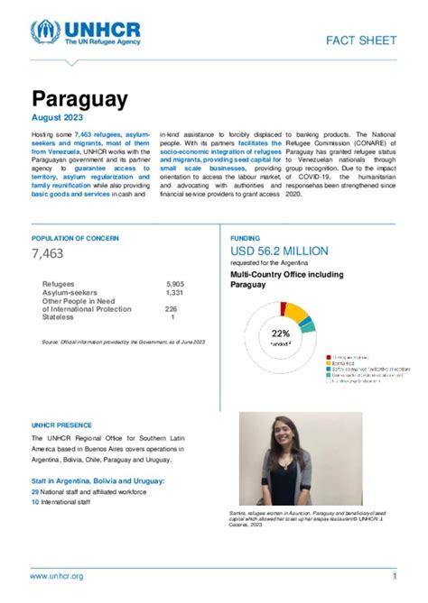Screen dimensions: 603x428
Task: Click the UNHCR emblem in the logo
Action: click(x=45, y=33)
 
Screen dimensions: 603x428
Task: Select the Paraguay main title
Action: click(x=79, y=98)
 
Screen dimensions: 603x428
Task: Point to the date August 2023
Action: click(x=60, y=118)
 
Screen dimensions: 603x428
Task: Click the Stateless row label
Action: click(x=59, y=317)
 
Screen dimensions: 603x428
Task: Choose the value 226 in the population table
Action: click(x=171, y=309)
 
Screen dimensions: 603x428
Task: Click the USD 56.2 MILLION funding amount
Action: click(x=280, y=251)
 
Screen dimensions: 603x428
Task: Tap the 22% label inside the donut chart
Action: click(x=280, y=333)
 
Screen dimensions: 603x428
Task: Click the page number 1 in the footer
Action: click(x=395, y=576)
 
